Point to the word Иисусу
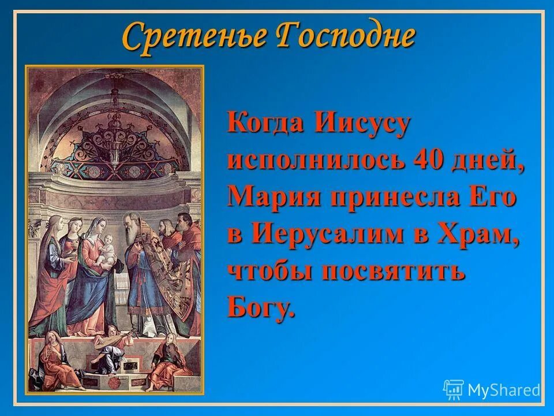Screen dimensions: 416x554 (361, 124)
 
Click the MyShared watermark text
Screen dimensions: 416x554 (504, 390)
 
